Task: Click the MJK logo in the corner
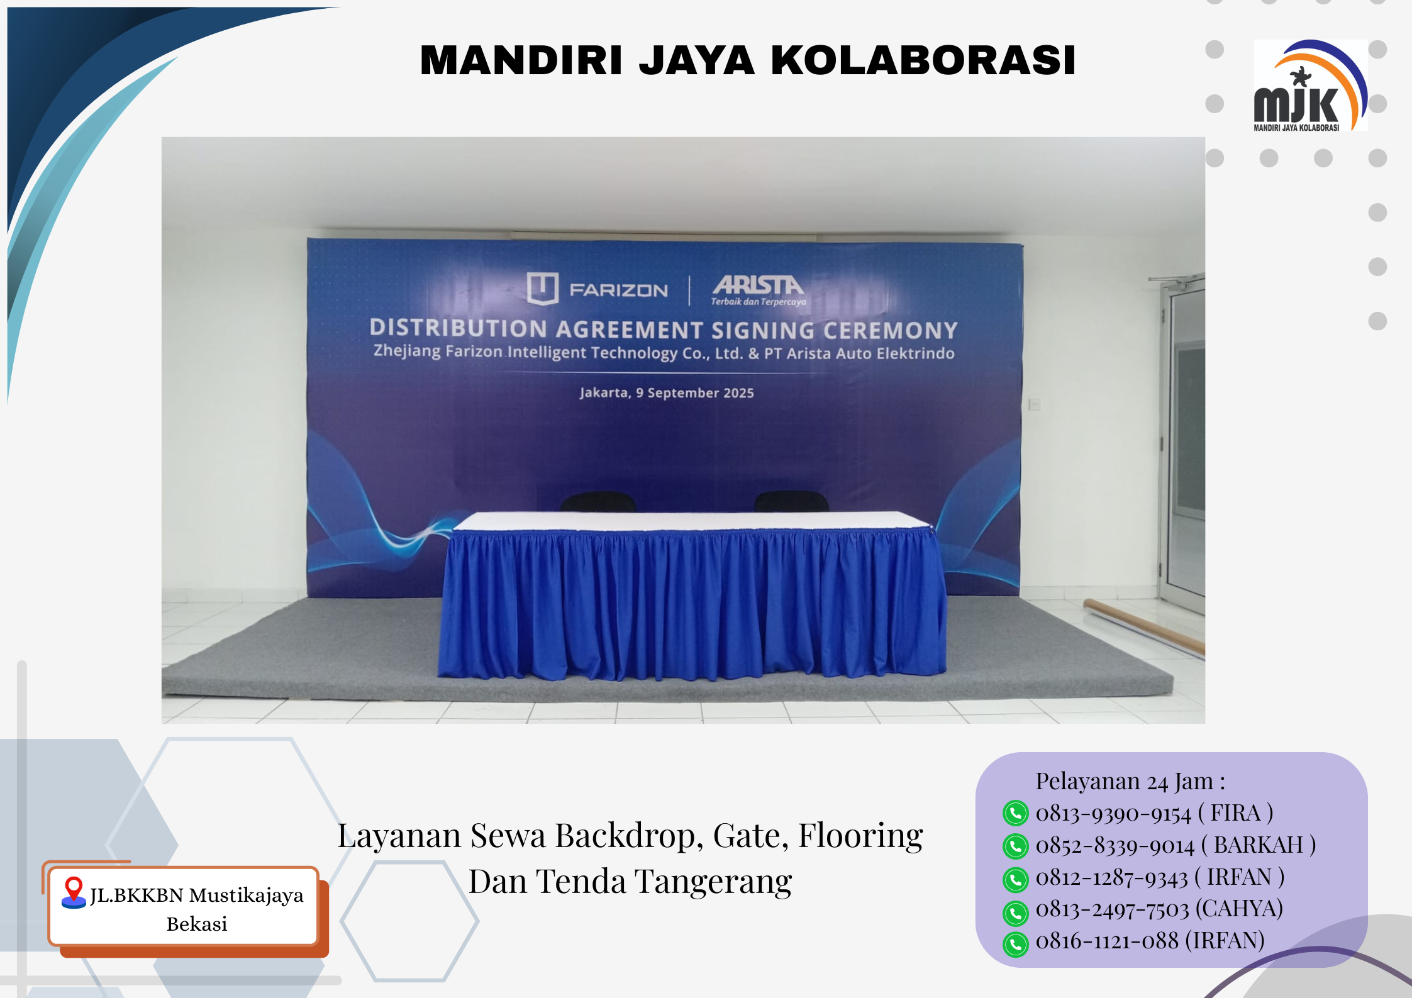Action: pos(1310,86)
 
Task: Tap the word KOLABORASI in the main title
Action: pos(923,60)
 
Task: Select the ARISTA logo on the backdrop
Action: pos(759,290)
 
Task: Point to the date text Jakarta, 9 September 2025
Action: pos(667,393)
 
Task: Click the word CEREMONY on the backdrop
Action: pos(891,331)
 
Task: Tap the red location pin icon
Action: pos(74,892)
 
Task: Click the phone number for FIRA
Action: pos(1113,814)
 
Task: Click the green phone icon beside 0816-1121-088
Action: pos(1015,944)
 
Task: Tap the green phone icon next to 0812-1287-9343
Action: pos(1015,879)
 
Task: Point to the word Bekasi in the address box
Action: pos(197,924)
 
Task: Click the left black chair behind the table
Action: pos(598,501)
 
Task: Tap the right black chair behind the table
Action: pos(791,501)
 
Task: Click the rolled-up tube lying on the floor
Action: pos(1144,625)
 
